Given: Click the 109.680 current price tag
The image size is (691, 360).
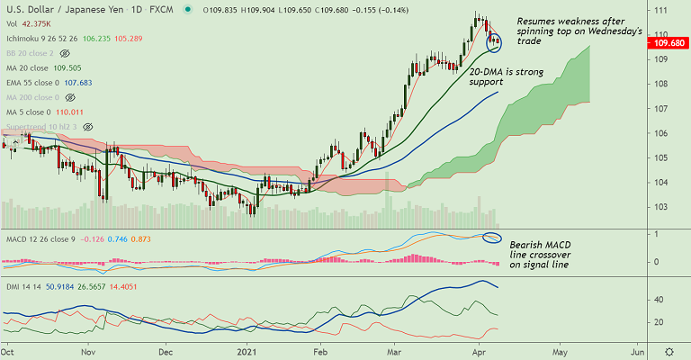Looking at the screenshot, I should coord(671,41).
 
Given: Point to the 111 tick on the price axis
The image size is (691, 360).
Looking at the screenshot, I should coord(660,10).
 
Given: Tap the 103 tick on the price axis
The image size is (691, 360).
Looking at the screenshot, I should coord(660,207).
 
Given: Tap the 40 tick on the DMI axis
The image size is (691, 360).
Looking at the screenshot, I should coord(658,300).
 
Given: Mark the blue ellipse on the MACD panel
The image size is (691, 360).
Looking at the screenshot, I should coord(491,238).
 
